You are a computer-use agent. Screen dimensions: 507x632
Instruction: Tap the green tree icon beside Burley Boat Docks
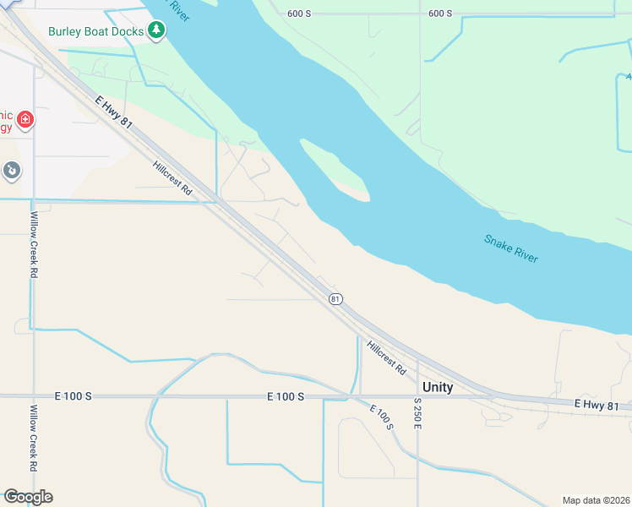(155, 30)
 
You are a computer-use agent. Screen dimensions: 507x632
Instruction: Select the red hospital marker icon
(25, 120)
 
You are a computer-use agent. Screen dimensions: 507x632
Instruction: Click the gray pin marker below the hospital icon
(12, 171)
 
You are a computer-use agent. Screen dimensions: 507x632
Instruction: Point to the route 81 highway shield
(335, 299)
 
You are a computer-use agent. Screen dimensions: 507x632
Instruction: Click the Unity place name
(438, 388)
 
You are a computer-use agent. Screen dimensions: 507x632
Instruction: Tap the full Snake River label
(511, 248)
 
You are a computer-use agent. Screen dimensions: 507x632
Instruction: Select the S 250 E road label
(417, 412)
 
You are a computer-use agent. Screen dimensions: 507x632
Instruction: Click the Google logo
(28, 497)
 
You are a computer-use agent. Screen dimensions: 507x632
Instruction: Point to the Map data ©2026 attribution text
(596, 499)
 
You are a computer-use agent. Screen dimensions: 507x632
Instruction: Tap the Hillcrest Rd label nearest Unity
(387, 357)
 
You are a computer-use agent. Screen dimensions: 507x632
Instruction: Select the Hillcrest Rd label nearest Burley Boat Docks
(173, 179)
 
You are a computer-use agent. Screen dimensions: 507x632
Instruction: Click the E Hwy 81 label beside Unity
(602, 406)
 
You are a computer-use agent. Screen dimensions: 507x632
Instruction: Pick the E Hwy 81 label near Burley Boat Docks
(113, 111)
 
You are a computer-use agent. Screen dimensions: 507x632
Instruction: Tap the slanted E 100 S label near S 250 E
(381, 416)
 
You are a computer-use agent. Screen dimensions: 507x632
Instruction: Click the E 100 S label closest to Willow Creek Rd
(73, 395)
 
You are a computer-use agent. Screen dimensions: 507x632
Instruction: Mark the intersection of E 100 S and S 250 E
(417, 395)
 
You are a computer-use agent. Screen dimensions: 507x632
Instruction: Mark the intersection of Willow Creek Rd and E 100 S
(34, 395)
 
